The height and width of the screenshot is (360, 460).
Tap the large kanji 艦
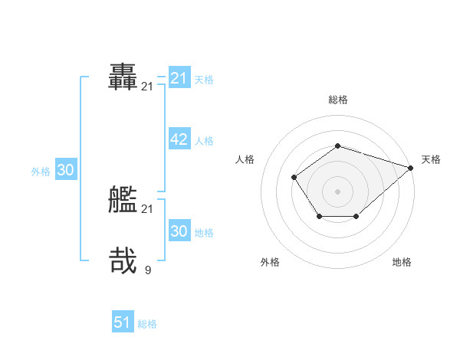tap(123, 201)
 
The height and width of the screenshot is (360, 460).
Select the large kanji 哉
tap(123, 260)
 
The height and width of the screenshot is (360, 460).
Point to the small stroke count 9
tap(147, 270)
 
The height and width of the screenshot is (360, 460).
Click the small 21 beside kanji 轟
tap(147, 87)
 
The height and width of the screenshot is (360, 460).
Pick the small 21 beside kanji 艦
tap(147, 209)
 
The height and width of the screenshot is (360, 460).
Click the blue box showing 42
tap(179, 139)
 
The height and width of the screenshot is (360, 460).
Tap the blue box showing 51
tap(123, 322)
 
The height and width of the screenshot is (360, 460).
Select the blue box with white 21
tap(179, 78)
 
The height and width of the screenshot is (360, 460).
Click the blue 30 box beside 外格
tap(65, 170)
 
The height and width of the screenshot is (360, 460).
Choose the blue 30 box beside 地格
tap(179, 231)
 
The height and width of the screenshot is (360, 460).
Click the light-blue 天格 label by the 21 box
tap(204, 79)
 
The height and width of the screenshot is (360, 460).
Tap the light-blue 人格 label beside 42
tap(204, 140)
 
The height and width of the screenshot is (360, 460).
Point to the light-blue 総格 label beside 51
tap(147, 324)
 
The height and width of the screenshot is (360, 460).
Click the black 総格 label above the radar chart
tap(337, 100)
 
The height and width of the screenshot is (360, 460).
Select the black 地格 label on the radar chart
tap(402, 262)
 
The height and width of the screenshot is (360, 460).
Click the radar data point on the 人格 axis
tap(294, 177)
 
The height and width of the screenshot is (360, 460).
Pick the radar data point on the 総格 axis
tap(337, 146)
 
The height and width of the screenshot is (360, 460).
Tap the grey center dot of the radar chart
tap(337, 191)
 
